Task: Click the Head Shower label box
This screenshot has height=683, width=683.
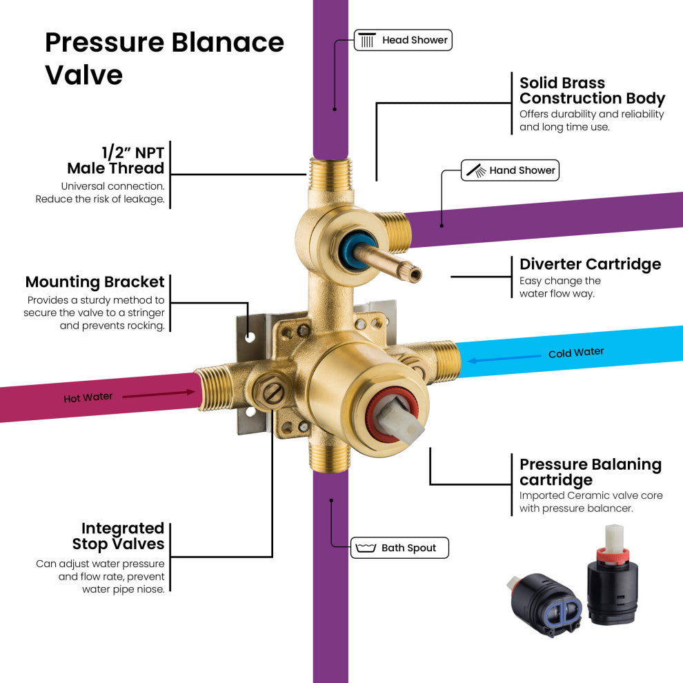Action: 403,40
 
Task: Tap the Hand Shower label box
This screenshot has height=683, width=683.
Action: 510,170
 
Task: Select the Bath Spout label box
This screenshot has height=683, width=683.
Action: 399,548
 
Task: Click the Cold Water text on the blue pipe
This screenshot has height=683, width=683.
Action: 575,353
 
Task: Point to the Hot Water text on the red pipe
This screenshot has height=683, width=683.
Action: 88,398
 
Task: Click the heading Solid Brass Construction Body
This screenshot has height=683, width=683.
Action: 591,90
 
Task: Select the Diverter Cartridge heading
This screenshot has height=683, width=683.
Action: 590,264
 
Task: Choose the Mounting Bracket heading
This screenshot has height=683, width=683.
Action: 95,282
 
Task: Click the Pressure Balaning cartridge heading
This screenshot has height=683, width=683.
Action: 590,472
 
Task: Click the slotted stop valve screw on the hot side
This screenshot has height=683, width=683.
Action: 273,393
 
